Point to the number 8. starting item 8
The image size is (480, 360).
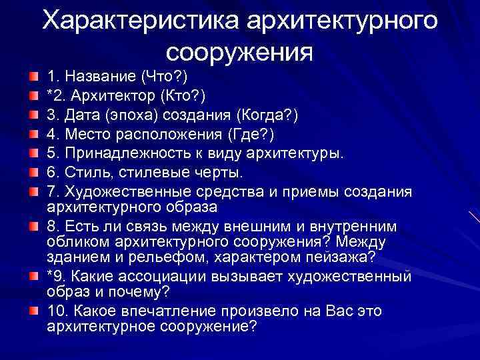[x=54, y=227]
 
